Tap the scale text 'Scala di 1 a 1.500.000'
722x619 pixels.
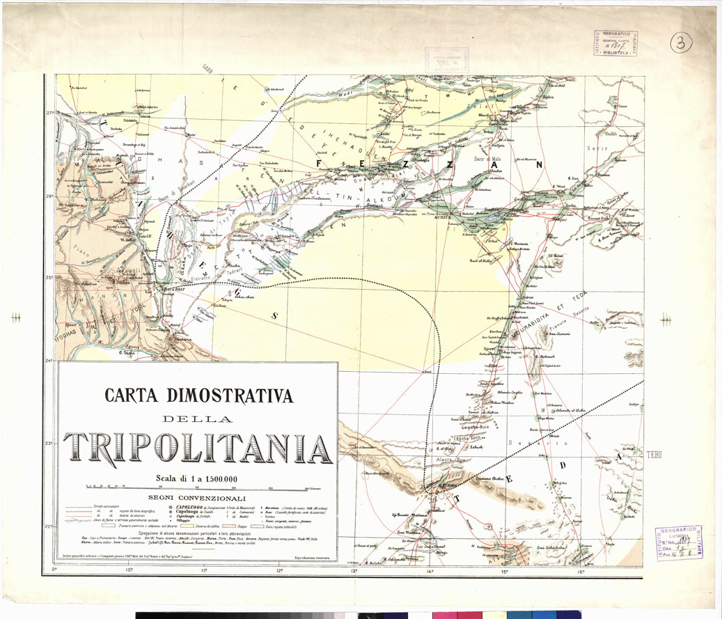pyautogui.click(x=197, y=478)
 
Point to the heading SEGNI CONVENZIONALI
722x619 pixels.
pyautogui.click(x=197, y=499)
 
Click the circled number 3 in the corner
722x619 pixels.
pyautogui.click(x=682, y=42)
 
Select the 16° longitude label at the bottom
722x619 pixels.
pyautogui.click(x=580, y=572)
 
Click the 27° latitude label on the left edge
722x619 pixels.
pyautogui.click(x=50, y=113)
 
